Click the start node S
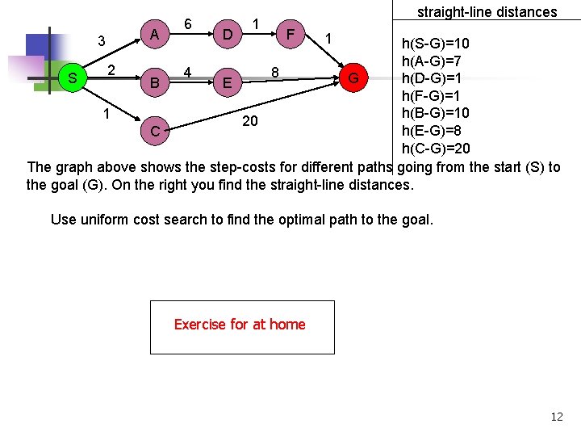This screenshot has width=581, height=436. (73, 78)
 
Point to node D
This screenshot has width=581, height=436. (228, 35)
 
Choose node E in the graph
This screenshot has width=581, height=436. (228, 83)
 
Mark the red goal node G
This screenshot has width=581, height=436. (353, 78)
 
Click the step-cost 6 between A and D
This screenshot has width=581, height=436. (188, 24)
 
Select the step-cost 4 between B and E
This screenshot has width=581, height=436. (188, 73)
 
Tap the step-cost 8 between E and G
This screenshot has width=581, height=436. (275, 73)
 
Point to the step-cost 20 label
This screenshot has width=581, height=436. (250, 121)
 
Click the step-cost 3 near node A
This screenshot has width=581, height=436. (101, 41)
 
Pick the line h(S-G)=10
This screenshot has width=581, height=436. (436, 44)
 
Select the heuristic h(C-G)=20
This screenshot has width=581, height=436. (436, 149)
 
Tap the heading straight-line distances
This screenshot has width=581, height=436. (487, 11)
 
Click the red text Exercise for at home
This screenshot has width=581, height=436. (240, 325)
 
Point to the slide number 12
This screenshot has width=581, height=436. (557, 417)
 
